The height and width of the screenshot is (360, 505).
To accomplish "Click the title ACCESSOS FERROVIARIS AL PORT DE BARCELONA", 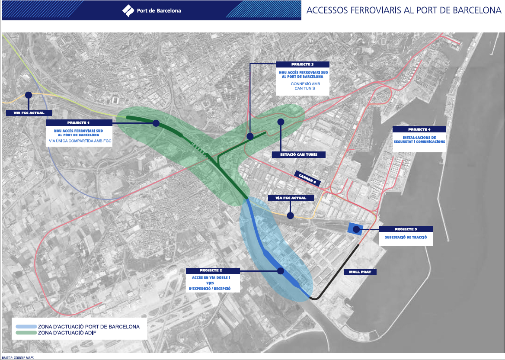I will (403, 10).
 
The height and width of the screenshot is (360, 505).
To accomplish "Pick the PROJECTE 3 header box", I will (302, 64).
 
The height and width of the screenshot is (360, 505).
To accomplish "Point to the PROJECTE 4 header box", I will (419, 129).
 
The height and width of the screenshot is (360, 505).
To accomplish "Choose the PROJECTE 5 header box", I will (406, 229).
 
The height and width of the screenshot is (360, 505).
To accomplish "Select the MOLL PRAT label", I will (360, 272).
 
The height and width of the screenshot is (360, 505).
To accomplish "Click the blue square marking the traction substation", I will (355, 229).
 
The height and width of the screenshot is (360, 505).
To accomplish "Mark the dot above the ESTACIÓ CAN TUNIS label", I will (281, 122).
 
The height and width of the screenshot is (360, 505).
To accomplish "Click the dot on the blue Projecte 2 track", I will (281, 271).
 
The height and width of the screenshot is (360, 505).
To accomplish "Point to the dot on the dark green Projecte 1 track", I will (156, 123).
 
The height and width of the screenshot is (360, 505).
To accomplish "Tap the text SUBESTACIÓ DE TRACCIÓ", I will (406, 238).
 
